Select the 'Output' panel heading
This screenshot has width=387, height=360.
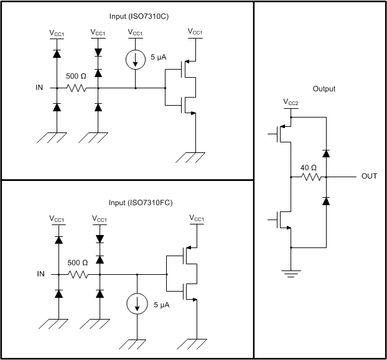coord(323,89)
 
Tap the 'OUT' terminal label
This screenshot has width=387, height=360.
coord(370,177)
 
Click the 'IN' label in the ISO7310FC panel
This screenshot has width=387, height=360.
coord(40,274)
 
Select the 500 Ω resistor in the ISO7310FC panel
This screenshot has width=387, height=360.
coord(78,274)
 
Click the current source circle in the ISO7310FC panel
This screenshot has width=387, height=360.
coord(137,305)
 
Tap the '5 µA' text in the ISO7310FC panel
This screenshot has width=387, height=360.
coord(161,305)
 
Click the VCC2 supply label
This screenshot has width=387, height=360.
coord(291,102)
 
